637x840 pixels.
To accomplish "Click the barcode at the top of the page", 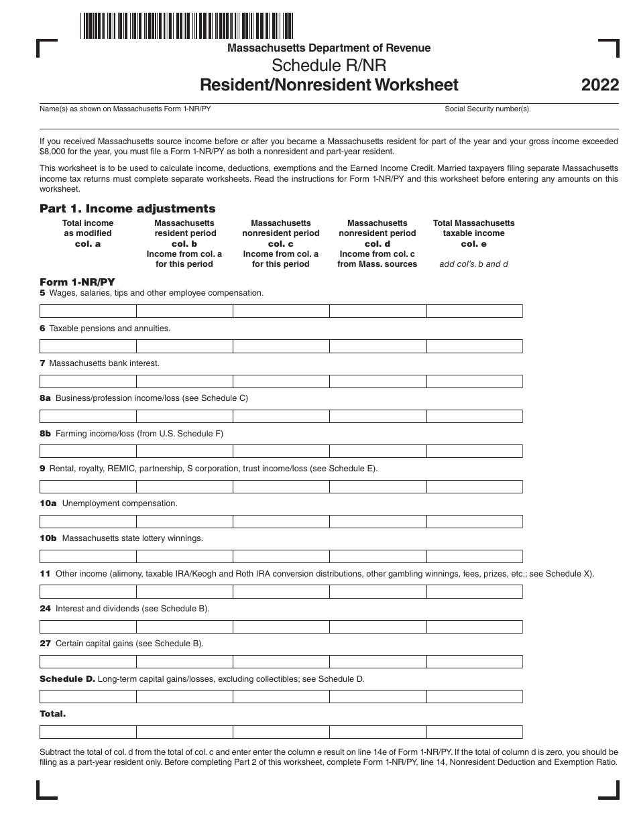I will tap(187, 25).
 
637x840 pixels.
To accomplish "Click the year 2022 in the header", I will tap(600, 85).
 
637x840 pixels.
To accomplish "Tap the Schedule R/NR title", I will tap(329, 66).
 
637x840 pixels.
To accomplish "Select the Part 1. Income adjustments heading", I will tap(127, 208).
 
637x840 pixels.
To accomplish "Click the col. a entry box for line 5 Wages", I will tap(88, 311).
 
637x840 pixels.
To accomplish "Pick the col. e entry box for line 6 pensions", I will tap(474, 346).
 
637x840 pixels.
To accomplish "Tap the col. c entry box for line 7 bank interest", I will tap(281, 381).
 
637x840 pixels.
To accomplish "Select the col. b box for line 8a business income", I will tap(184, 416).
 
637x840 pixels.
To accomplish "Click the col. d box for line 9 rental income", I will tap(378, 486).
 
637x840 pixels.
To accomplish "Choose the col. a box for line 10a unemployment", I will tap(88, 522).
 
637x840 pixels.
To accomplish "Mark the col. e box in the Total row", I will tap(474, 731).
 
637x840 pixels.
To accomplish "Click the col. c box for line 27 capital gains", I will tap(281, 662).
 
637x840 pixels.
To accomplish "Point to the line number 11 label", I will tap(45, 573).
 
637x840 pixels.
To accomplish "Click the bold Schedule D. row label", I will tap(67, 678).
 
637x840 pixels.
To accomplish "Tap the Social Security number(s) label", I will tap(487, 109).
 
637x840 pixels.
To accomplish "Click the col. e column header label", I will tap(474, 244).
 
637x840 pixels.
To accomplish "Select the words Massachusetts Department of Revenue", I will tap(329, 48).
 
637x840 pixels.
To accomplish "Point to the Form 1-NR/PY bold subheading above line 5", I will tap(68, 282).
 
